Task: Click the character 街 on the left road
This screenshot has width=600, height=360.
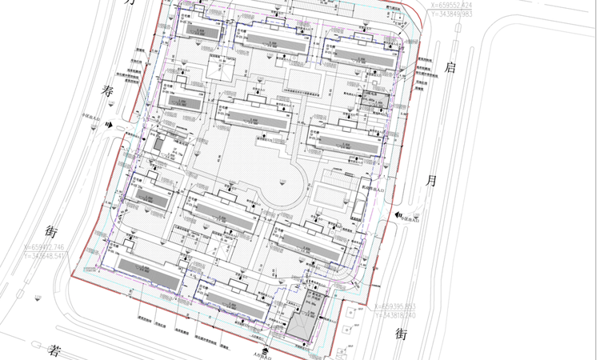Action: (52, 233)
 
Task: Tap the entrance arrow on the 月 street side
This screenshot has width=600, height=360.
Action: (398, 216)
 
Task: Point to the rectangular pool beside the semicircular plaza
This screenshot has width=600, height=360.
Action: (330, 194)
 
